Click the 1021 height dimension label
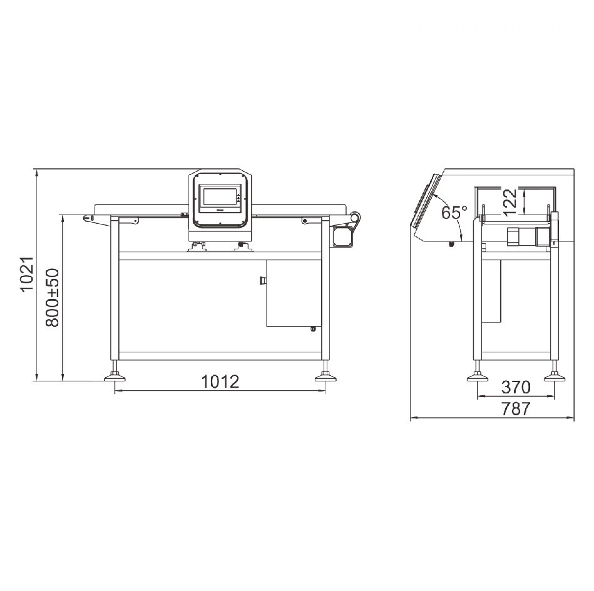click(x=26, y=276)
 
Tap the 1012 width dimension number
click(x=220, y=381)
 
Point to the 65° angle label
click(x=454, y=213)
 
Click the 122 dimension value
click(x=511, y=202)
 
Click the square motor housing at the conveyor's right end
click(x=343, y=236)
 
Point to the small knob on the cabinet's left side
click(x=263, y=281)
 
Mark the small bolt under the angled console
click(x=451, y=244)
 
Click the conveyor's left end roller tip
click(x=88, y=218)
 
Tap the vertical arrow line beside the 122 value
click(x=525, y=201)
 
